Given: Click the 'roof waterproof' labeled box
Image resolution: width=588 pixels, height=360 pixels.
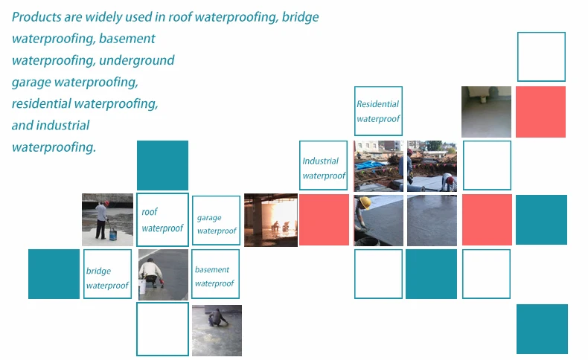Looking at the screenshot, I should pyautogui.click(x=162, y=220).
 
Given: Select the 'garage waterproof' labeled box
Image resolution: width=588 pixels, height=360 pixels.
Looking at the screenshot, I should pyautogui.click(x=216, y=220).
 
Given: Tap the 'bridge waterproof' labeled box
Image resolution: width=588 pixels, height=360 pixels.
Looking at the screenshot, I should pyautogui.click(x=107, y=274).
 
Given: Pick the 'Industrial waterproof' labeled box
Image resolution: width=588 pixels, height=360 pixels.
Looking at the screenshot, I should pyautogui.click(x=323, y=165).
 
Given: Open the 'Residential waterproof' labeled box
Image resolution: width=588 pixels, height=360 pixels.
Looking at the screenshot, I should pyautogui.click(x=378, y=112).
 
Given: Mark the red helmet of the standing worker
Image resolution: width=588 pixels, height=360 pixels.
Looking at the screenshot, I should pyautogui.click(x=106, y=202).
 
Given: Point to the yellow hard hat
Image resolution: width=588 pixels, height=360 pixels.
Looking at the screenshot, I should pyautogui.click(x=365, y=203).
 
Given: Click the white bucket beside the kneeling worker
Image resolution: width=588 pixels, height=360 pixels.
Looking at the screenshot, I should pyautogui.click(x=143, y=285).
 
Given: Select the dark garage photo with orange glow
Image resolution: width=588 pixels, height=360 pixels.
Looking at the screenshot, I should pyautogui.click(x=270, y=220).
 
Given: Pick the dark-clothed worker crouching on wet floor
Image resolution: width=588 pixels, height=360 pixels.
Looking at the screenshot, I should pyautogui.click(x=217, y=319).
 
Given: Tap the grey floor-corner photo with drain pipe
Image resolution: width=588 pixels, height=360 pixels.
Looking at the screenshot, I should pyautogui.click(x=485, y=112).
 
